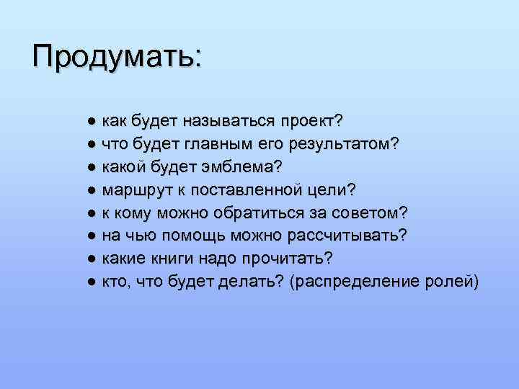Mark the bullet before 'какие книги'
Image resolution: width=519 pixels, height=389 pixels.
click(91, 259)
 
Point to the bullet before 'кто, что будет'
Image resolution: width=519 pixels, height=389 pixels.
click(91, 282)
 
